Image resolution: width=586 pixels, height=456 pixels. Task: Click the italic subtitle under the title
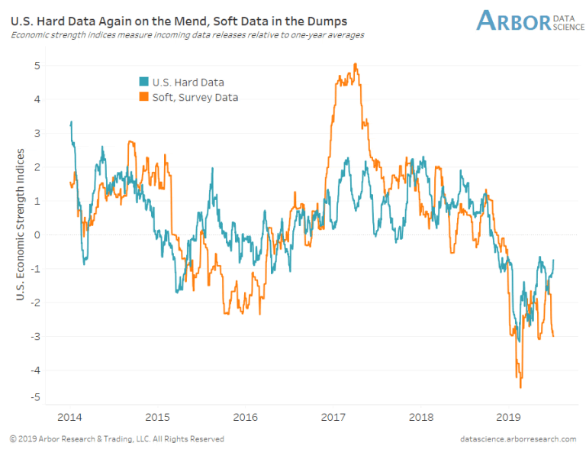click(187, 35)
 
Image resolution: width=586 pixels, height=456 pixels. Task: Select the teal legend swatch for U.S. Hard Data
click(143, 82)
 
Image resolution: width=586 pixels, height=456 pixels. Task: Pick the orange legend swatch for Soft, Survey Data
click(143, 97)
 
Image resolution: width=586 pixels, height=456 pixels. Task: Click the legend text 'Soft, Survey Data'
click(195, 97)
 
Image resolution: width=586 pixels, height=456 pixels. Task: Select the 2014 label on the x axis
click(69, 417)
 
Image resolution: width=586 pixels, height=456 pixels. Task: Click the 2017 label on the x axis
click(333, 417)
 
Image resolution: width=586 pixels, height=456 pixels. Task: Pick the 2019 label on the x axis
click(509, 417)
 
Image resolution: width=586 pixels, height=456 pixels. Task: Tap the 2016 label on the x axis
click(246, 417)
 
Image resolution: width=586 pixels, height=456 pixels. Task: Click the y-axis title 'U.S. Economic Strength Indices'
click(21, 225)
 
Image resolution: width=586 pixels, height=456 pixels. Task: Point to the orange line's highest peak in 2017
click(356, 64)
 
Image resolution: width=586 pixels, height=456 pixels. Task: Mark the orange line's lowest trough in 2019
click(521, 387)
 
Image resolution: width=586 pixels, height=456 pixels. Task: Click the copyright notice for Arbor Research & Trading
click(116, 439)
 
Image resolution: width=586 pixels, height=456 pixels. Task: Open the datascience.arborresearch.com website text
click(518, 439)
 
